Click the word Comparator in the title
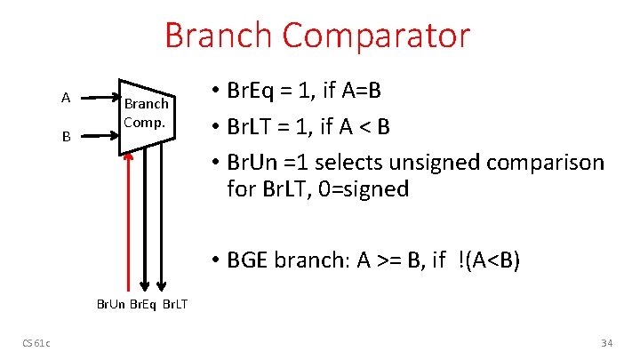377,36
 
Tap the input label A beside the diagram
66,97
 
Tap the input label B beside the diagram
66,137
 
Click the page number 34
608,342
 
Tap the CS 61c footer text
37,342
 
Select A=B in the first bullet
364,92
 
